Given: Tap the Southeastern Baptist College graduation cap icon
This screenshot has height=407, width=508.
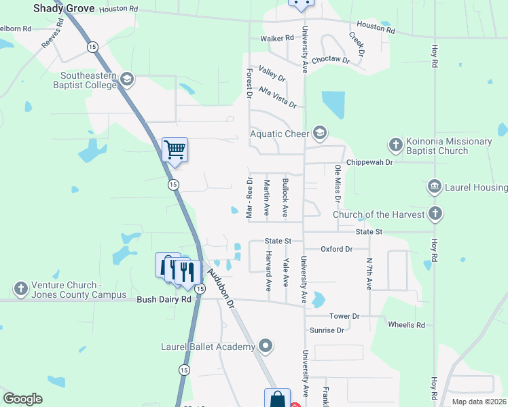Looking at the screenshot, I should pos(126,81).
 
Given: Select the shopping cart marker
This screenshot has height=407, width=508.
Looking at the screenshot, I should pos(175,149).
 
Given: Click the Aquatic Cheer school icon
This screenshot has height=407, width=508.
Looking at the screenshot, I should pos(320,133).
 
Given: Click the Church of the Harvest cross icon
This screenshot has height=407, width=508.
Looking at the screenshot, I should pos(436,214).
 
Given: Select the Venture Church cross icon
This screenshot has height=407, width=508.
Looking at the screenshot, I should pos(21,289).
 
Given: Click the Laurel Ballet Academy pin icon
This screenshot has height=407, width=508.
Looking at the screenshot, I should pos(266,347).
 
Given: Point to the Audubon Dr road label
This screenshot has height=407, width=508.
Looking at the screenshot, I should pos(221,287).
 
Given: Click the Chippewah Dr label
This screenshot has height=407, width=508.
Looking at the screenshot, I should pos(369,163).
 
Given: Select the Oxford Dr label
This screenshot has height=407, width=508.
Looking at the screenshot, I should pos(337,249).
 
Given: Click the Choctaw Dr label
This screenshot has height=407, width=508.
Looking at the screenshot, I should pos(331,60).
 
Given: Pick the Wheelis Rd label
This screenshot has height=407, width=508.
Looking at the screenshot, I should pos(406,325).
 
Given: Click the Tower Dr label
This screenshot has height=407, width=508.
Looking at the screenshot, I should pos(344,316).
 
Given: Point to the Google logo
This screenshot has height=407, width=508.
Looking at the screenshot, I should pos(22,399).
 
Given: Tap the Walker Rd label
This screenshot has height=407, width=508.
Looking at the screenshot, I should pos(277,39).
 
